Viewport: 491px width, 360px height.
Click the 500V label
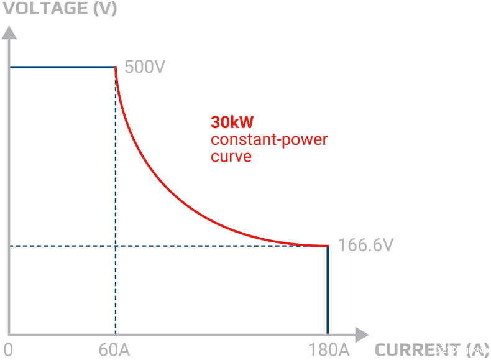pos(145,67)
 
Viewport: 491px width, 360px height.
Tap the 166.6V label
pos(365,245)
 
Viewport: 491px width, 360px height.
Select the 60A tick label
pos(114,350)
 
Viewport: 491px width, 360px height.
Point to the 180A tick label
pos(328,350)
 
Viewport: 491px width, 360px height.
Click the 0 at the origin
pos(7,350)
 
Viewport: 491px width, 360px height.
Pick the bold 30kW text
pos(232,122)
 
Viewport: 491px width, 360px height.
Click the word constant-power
pos(269,139)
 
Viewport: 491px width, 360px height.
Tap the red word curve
pos(231,156)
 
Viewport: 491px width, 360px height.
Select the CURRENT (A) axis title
pos(429,350)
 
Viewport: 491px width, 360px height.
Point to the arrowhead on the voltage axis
pos(9,32)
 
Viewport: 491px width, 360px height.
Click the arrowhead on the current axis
pos(362,335)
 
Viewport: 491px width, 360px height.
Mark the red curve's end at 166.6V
pos(327,246)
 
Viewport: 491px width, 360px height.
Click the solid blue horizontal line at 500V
pos(62,67)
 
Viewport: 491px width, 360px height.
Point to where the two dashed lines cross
pos(116,246)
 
